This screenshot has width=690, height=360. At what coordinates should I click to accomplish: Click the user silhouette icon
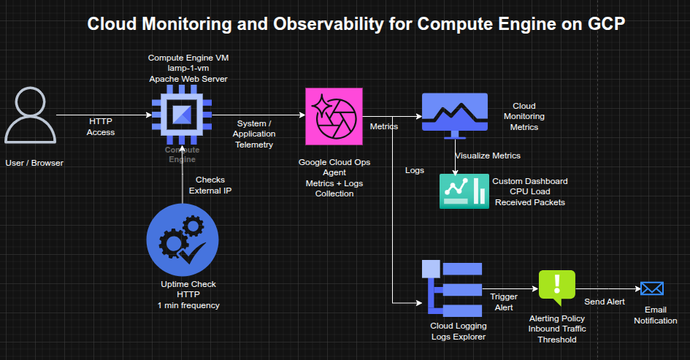(31, 115)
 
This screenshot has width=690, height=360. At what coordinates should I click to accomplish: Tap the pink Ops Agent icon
(334, 116)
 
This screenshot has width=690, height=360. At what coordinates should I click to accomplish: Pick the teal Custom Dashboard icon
(464, 191)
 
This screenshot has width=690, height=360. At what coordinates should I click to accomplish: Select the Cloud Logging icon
(452, 287)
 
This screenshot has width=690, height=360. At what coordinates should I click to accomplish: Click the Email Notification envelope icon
(651, 288)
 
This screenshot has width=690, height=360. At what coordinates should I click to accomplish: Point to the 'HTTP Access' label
(101, 126)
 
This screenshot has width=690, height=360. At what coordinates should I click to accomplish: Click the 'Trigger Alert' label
(505, 302)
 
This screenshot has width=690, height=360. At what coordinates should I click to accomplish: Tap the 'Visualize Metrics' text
(488, 156)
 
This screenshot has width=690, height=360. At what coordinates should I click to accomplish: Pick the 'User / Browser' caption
(34, 163)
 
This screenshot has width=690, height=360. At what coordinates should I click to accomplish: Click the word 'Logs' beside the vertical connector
(415, 170)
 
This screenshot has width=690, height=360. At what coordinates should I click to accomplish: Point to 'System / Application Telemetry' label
(254, 134)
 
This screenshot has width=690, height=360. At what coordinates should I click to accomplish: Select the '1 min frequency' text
(188, 305)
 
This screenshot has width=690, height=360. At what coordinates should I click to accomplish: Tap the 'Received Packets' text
(529, 202)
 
